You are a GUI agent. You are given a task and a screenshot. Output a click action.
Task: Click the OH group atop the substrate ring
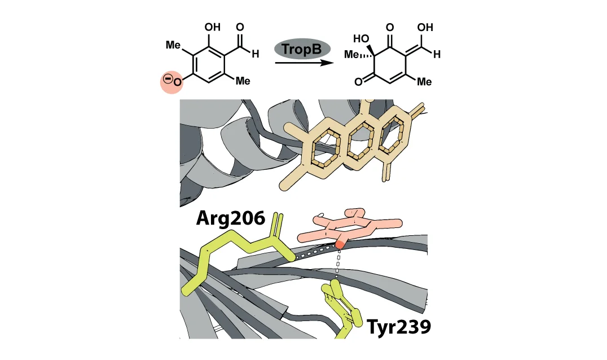tap(215, 27)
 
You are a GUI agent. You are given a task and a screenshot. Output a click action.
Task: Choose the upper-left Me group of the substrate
tap(173, 44)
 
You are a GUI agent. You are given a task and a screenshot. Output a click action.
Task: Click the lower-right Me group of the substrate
tap(242, 81)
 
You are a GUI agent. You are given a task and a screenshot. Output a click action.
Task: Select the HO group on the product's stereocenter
tap(360, 39)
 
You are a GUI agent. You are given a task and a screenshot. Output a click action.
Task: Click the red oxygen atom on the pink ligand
tap(340, 244)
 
